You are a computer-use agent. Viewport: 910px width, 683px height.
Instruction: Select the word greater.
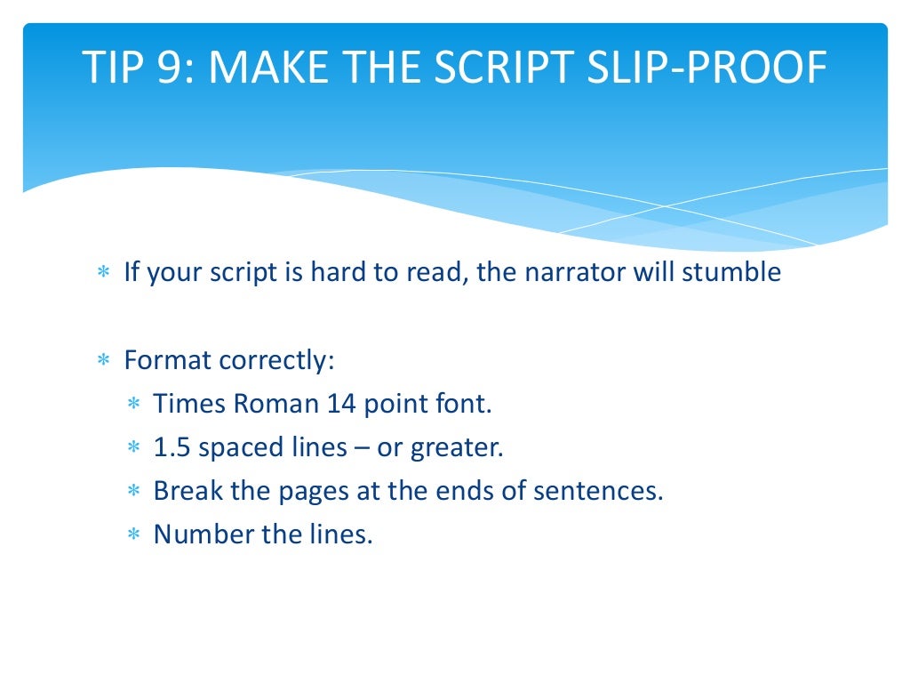pyautogui.click(x=457, y=447)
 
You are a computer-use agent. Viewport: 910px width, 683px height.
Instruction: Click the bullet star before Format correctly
pyautogui.click(x=103, y=362)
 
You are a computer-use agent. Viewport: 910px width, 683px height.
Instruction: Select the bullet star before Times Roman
pyautogui.click(x=133, y=405)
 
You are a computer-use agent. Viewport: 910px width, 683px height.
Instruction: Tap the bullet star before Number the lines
pyautogui.click(x=133, y=534)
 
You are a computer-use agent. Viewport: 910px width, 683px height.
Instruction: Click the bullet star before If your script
pyautogui.click(x=103, y=272)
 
